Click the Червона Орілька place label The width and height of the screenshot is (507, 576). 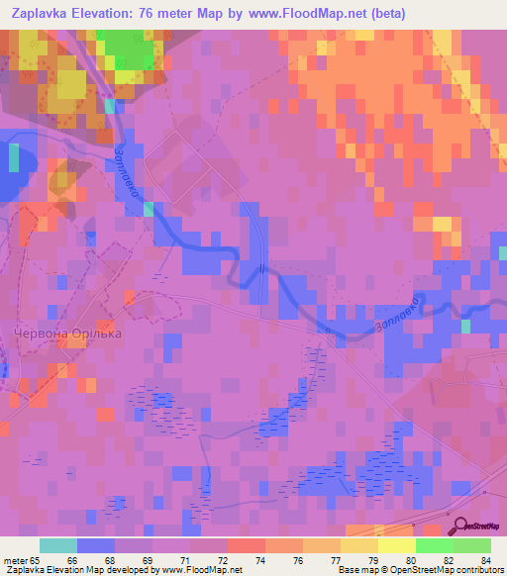point(66,334)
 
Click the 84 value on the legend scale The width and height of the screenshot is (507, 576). point(485,560)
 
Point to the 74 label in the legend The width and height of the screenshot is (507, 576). point(259,560)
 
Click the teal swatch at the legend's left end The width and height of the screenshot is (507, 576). point(58,545)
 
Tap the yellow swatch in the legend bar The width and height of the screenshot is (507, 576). point(396,545)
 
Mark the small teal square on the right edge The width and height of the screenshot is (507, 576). point(465,327)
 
